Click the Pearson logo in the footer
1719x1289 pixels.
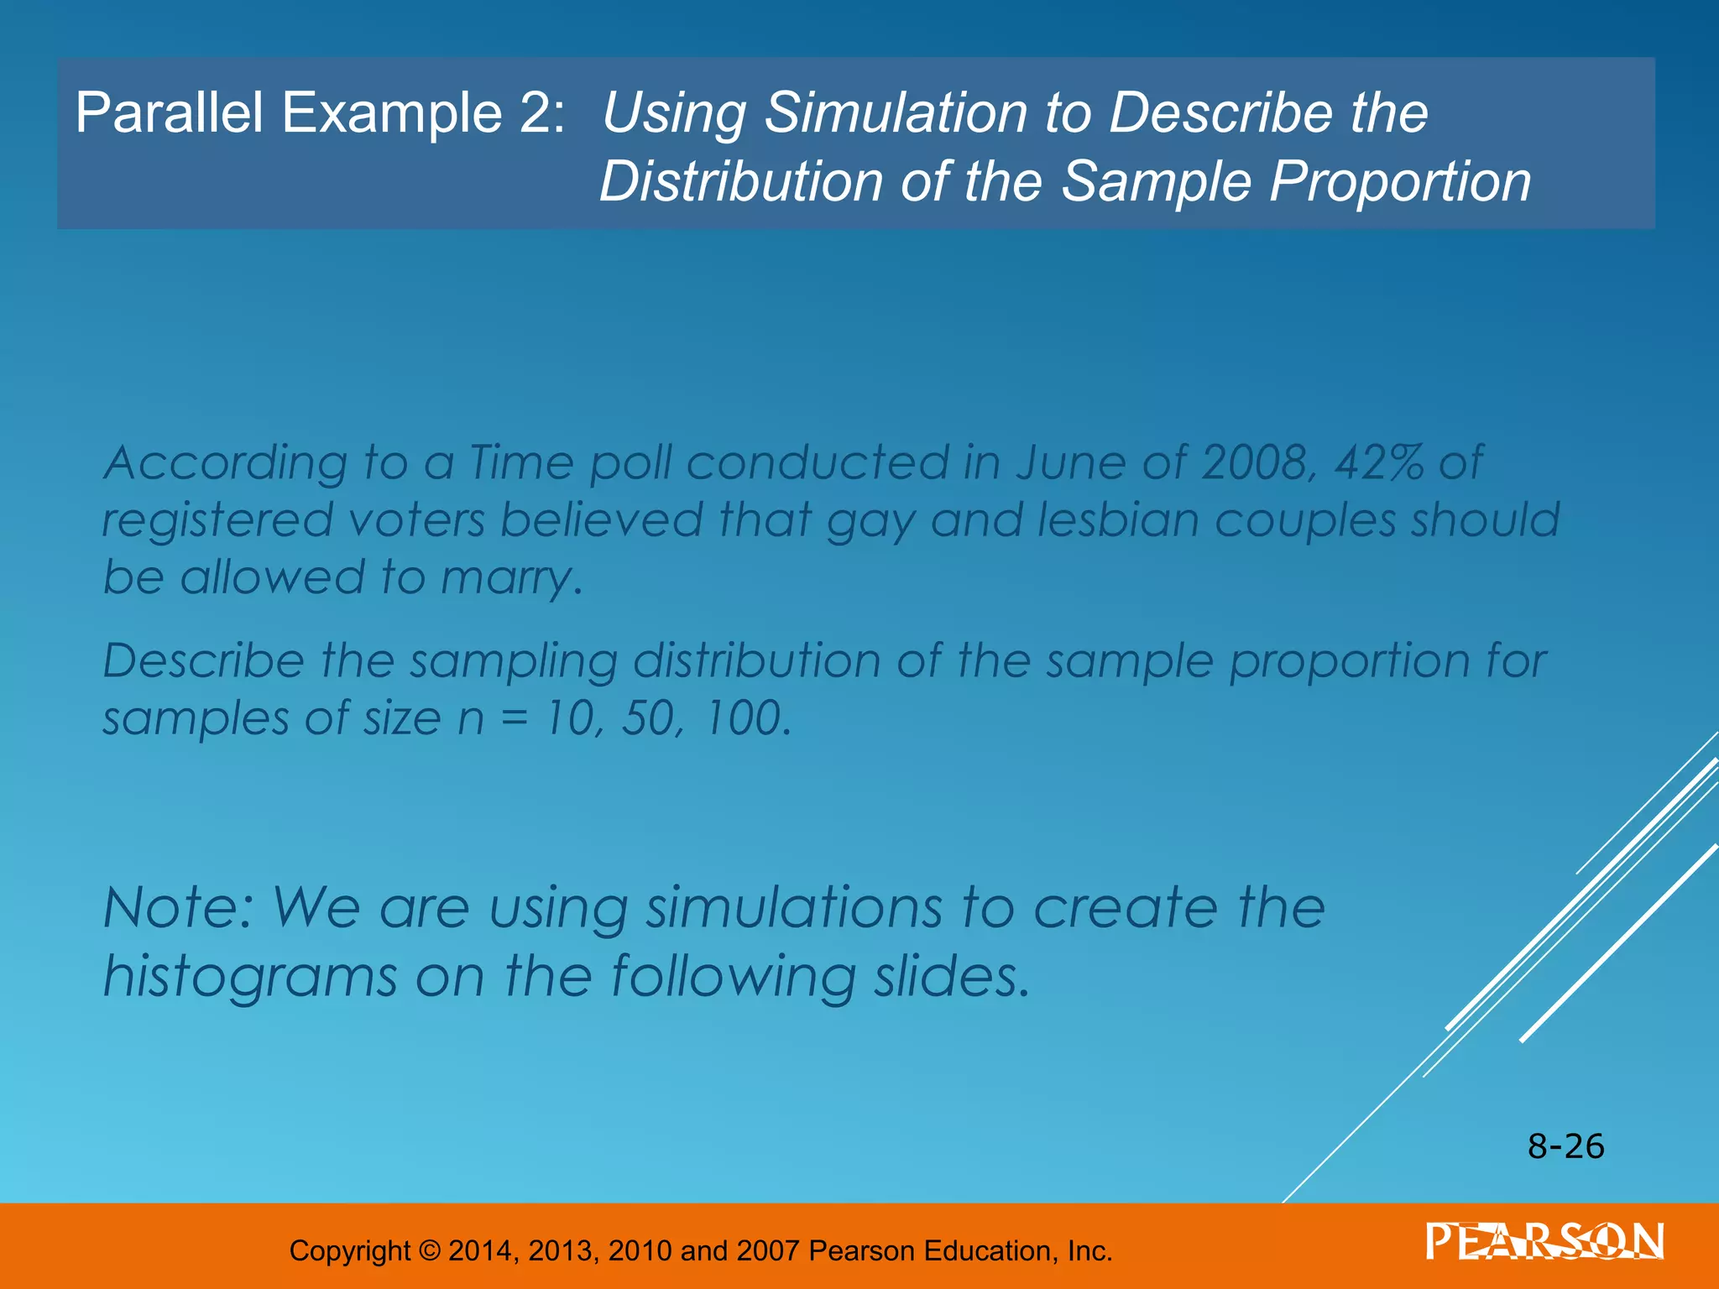click(x=1544, y=1242)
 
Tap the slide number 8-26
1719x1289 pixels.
click(x=1565, y=1146)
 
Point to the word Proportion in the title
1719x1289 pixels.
click(x=1400, y=181)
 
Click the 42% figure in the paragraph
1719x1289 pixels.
click(x=1378, y=462)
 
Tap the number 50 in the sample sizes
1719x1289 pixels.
click(x=648, y=718)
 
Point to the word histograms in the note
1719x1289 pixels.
click(x=249, y=978)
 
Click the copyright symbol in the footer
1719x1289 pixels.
click(x=428, y=1250)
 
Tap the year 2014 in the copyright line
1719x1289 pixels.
click(x=481, y=1250)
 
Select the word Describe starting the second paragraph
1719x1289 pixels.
click(x=202, y=661)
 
